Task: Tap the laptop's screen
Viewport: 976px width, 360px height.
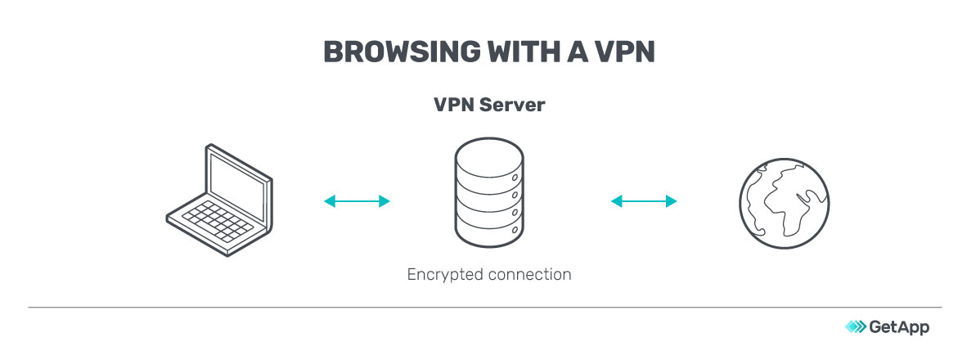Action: coord(238,180)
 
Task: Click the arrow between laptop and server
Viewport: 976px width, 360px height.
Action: coord(357,200)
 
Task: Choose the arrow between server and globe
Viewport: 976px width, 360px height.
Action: coord(644,200)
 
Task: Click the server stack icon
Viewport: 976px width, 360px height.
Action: coord(488,196)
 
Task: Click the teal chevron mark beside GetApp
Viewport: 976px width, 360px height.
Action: coord(855,327)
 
